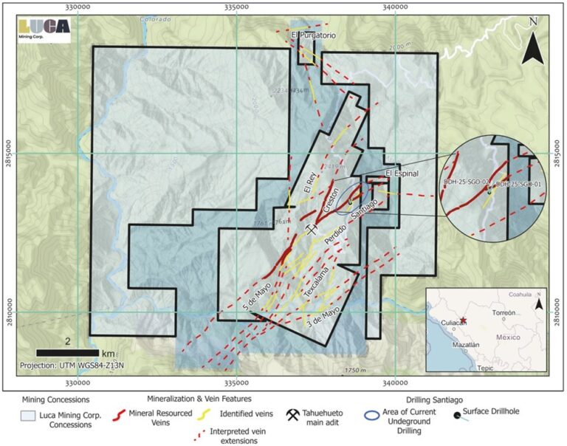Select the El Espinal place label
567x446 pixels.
pos(402,174)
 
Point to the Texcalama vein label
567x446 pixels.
pos(317,285)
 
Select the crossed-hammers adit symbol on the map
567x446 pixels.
pos(312,230)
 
